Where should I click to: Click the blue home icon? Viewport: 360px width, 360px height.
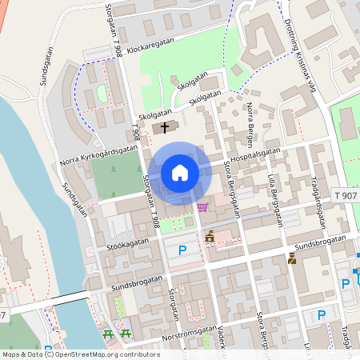click(x=179, y=172)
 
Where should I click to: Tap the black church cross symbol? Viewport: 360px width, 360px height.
click(x=166, y=126)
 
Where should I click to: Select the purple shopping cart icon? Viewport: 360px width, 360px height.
click(x=202, y=207)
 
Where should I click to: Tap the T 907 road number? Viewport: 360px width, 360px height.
click(x=348, y=195)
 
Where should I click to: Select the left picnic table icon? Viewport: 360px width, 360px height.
click(x=108, y=334)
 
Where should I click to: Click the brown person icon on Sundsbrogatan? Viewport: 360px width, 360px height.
click(x=292, y=258)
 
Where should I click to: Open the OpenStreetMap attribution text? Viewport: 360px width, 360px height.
click(x=81, y=354)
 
